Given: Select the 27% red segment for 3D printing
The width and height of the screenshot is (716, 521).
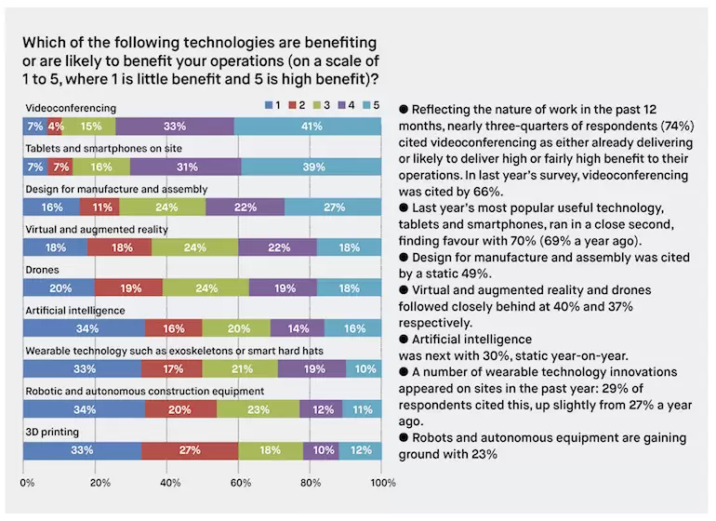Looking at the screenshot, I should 190,451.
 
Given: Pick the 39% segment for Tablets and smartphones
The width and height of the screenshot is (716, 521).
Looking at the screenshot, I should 312,167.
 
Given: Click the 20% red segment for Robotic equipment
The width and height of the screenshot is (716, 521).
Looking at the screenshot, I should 180,408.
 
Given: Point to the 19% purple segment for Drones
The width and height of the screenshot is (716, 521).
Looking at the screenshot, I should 284,287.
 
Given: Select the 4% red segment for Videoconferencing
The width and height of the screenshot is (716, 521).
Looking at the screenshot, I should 56,126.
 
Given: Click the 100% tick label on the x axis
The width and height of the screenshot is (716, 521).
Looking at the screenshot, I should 382,484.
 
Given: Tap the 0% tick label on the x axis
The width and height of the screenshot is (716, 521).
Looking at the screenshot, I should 27,484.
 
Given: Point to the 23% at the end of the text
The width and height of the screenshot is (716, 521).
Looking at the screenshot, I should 489,455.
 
